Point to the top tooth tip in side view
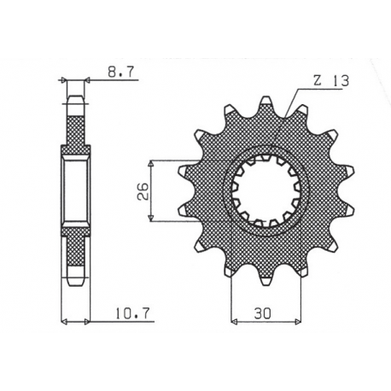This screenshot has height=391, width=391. click(74, 100)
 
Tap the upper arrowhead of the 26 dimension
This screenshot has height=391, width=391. click(151, 161)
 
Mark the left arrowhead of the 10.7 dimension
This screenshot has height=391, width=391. click(65, 322)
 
